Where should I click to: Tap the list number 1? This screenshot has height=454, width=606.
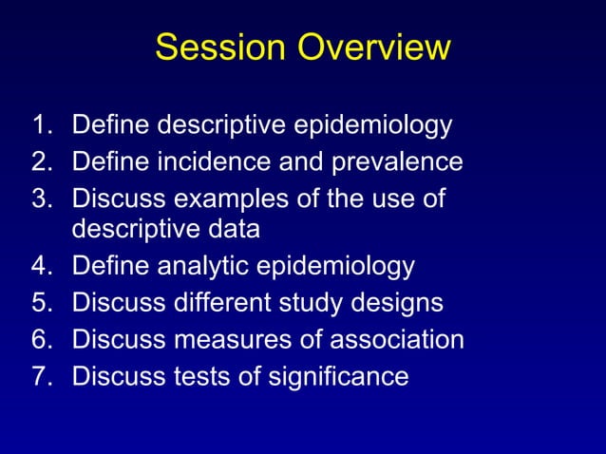pos(40,124)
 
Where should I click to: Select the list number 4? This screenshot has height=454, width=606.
pos(40,266)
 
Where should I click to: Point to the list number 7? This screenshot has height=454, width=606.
pos(40,376)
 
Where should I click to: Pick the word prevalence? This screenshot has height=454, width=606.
pos(396,161)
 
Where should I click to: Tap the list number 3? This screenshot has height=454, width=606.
pos(40,199)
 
